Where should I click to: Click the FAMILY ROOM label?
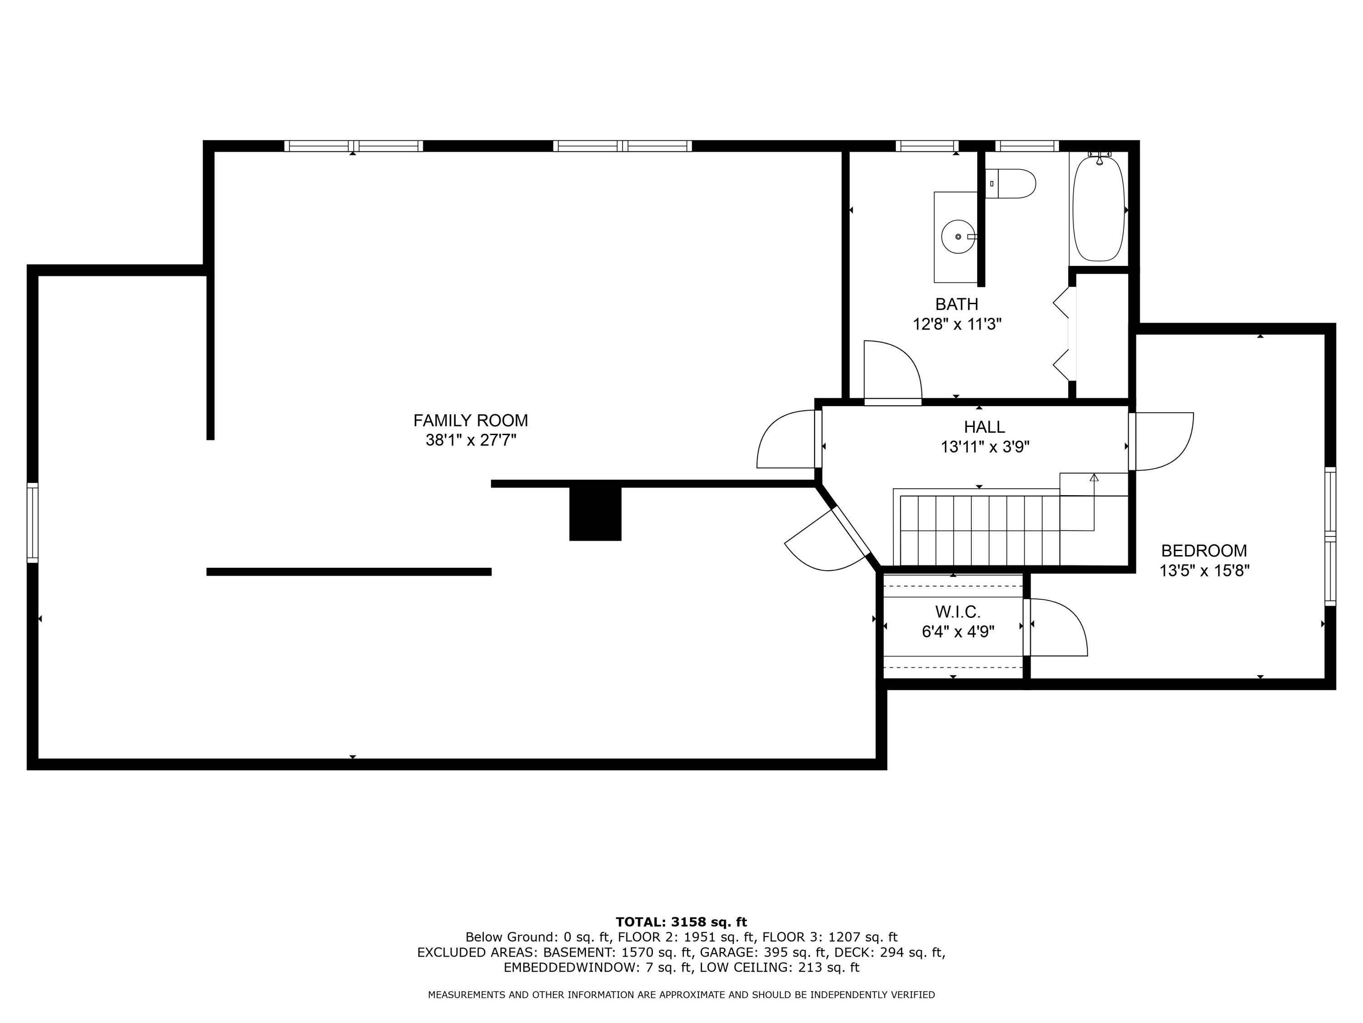pyautogui.click(x=470, y=421)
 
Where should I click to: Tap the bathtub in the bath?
pyautogui.click(x=1098, y=208)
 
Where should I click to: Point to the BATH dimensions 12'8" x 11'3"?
pyautogui.click(x=956, y=324)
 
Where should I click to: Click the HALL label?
pyautogui.click(x=984, y=427)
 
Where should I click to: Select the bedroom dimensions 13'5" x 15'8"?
pyautogui.click(x=1204, y=571)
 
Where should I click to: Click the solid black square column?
pyautogui.click(x=595, y=514)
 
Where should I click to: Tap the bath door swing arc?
pyautogui.click(x=900, y=370)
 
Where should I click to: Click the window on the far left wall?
pyautogui.click(x=33, y=523)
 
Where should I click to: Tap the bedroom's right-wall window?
pyautogui.click(x=1330, y=537)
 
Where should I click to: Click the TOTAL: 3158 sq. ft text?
pyautogui.click(x=681, y=922)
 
